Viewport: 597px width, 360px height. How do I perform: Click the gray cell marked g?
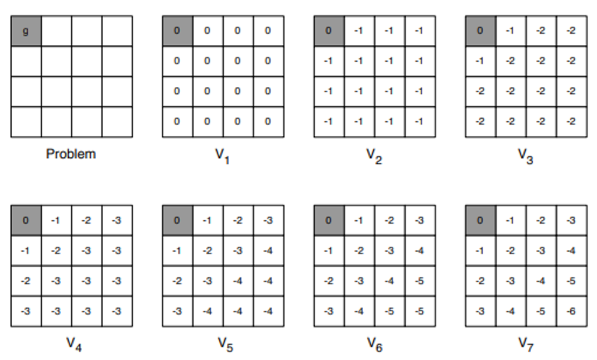26,31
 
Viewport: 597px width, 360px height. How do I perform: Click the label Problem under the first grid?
71,154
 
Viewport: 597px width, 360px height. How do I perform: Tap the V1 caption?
223,156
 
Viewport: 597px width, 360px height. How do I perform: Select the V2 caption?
374,156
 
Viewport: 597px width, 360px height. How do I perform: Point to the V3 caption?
525,156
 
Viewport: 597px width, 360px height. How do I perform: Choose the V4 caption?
73,344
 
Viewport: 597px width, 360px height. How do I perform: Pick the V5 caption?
225,344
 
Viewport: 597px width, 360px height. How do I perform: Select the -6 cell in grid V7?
571,311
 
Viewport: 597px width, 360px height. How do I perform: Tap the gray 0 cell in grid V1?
177,31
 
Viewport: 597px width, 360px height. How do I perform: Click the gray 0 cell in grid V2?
329,31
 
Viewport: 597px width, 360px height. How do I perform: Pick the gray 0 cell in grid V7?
480,220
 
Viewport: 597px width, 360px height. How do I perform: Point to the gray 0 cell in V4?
26,220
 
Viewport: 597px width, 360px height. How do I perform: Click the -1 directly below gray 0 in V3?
480,61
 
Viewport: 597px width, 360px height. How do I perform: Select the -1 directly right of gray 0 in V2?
359,31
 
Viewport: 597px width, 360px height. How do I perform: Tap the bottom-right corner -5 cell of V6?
419,311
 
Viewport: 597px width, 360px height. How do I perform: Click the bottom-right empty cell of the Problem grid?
117,122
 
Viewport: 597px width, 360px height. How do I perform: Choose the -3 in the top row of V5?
268,220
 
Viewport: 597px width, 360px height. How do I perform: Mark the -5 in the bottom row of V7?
540,311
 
